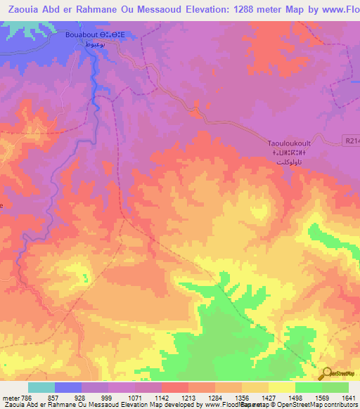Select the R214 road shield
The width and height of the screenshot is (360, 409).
[349, 141]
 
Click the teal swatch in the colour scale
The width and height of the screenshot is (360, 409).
[41, 387]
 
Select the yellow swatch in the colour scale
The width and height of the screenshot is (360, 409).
[281, 387]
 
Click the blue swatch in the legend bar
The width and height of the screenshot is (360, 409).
[68, 387]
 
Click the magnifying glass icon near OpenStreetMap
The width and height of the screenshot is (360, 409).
[326, 374]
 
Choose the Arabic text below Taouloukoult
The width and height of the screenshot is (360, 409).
[289, 161]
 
